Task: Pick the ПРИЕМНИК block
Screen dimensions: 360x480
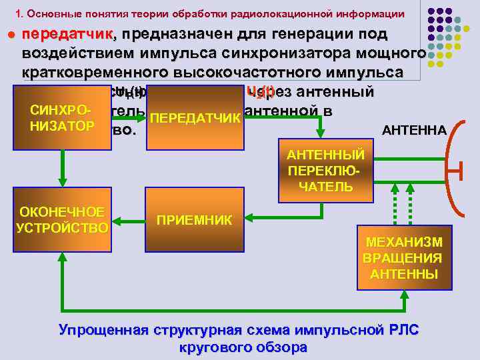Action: (x=195, y=219)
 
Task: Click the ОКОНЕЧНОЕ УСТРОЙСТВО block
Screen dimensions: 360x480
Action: (x=62, y=220)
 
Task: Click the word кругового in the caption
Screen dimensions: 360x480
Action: (x=212, y=347)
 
